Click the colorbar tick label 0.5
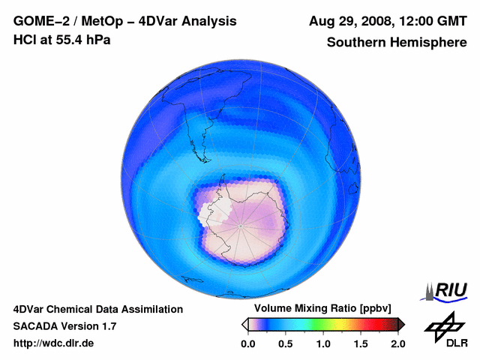point(285,343)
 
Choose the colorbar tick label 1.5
point(360,343)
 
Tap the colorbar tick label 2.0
point(397,343)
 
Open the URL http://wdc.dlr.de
point(54,343)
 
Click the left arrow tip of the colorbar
point(244,324)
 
